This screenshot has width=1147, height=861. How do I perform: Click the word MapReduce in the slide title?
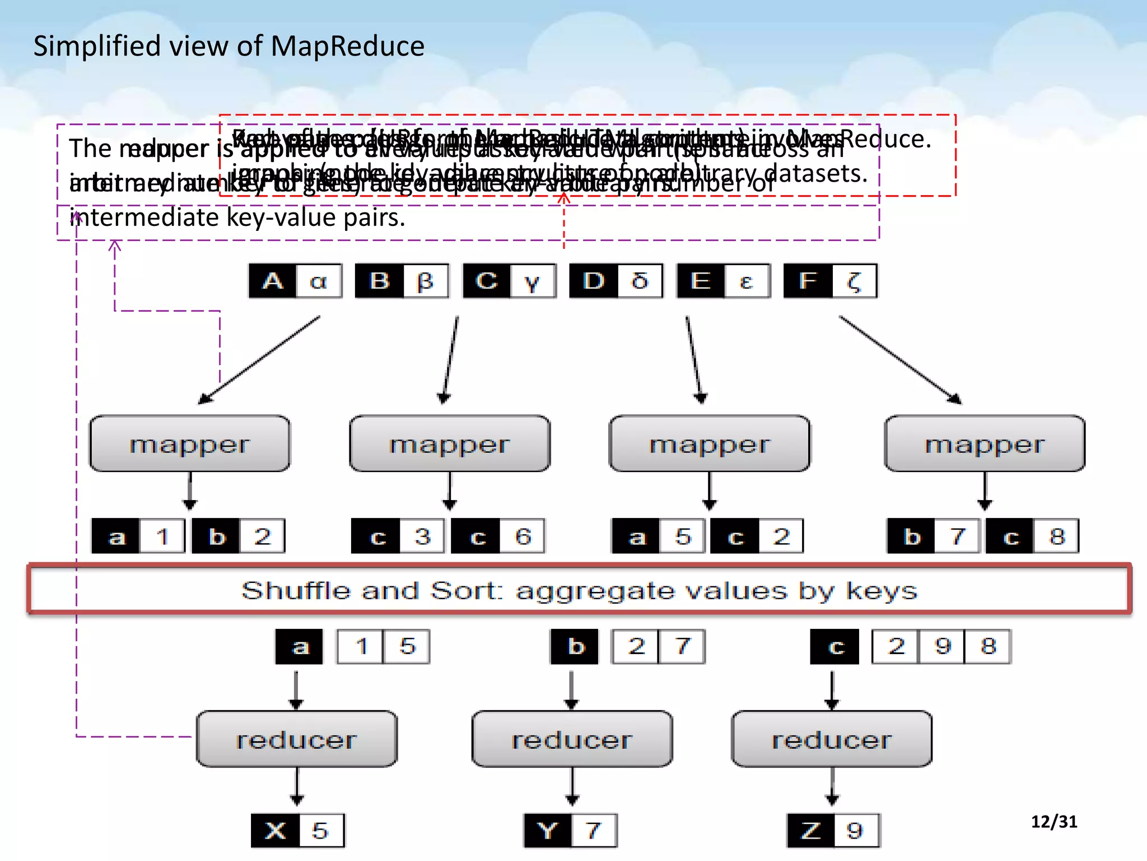pos(347,46)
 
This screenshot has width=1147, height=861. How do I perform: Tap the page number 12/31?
pos(1053,821)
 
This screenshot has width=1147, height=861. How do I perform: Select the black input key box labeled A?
pos(273,281)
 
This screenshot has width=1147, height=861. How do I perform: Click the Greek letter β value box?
pos(426,281)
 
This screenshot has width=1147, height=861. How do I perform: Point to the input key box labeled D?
pos(594,281)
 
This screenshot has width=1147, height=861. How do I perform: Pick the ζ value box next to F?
pos(854,281)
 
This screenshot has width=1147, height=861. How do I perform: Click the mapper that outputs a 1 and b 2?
pos(190,444)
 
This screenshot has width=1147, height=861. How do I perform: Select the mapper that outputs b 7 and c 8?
pos(985,444)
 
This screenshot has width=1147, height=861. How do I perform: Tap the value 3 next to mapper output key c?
pos(422,536)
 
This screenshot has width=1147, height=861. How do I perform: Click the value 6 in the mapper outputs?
pos(523,536)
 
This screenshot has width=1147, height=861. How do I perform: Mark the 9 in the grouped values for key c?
pos(943,646)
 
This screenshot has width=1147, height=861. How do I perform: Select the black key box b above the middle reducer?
pos(575,646)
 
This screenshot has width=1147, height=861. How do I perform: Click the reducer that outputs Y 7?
pos(572,739)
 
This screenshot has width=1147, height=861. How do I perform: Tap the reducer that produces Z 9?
pos(832,739)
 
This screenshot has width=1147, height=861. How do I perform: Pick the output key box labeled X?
pos(275,830)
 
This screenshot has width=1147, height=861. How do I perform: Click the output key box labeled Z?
pos(811,830)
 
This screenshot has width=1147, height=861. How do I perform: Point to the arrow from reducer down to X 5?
pos(297,788)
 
